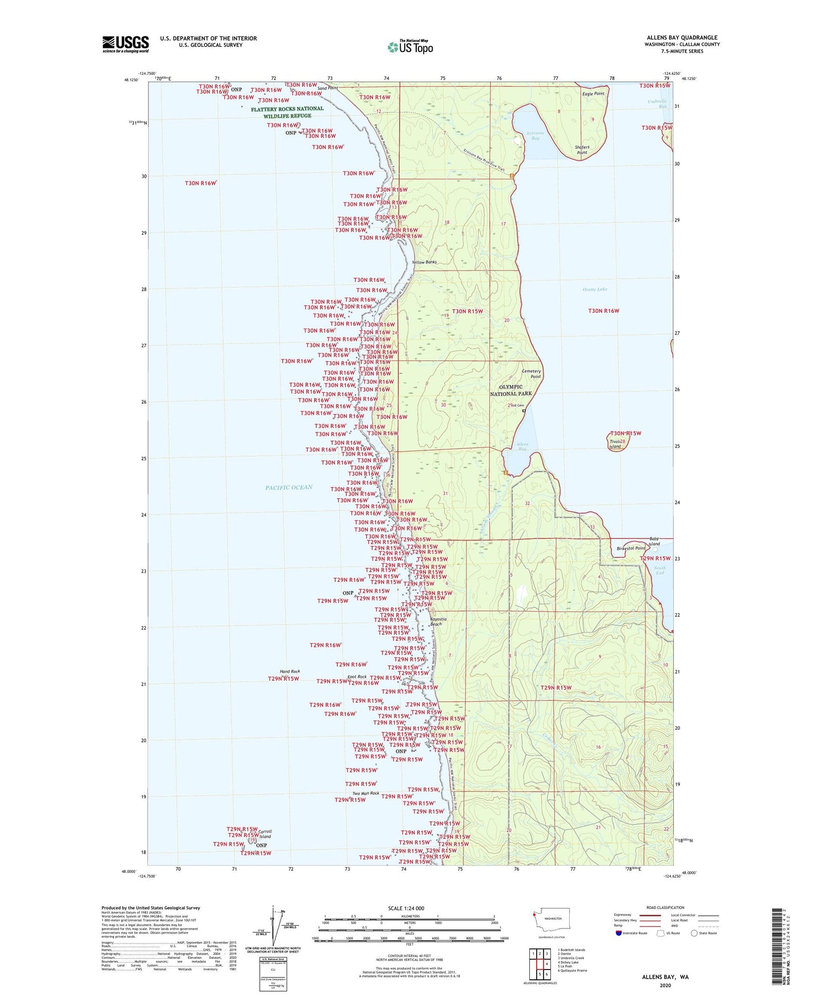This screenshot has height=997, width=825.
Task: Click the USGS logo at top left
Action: coord(126,44)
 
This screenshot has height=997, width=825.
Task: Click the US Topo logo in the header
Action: coord(410,47)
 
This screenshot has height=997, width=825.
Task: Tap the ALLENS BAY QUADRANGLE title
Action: coord(682,38)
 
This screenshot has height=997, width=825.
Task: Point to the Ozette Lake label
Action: coord(595,290)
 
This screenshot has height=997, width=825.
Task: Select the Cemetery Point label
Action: coord(532,373)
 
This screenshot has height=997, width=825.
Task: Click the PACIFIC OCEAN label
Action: coord(289,487)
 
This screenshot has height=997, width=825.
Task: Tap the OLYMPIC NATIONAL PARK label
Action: coord(511,390)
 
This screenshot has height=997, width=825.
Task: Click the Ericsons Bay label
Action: coord(534,135)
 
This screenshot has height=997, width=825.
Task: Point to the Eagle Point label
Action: coord(593,94)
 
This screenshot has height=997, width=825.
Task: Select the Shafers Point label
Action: coord(582,150)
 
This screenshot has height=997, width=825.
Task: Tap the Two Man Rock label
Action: coord(365,793)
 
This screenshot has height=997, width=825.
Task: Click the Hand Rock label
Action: coord(290,672)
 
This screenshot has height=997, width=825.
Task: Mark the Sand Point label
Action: coord(328,89)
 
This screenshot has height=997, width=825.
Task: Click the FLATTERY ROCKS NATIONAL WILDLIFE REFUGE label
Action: coord(287,112)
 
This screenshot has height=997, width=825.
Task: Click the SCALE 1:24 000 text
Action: coord(406,908)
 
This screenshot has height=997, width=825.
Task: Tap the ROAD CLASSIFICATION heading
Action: coord(665,907)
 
